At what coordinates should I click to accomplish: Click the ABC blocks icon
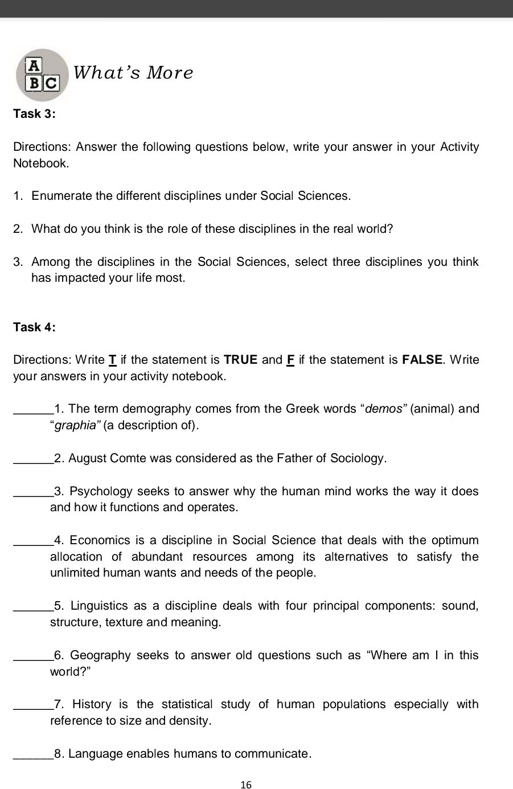43,75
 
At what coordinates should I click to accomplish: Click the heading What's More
133,73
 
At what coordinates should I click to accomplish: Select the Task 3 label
34,114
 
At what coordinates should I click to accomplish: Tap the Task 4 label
34,327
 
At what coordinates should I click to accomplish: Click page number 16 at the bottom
246,785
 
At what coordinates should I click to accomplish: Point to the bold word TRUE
241,360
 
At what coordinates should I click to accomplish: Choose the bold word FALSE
422,360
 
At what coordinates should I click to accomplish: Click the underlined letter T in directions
112,360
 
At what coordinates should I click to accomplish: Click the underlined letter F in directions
290,360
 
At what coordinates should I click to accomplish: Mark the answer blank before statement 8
32,755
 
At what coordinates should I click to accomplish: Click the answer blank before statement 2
32,459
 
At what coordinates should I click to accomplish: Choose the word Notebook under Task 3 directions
41,164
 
